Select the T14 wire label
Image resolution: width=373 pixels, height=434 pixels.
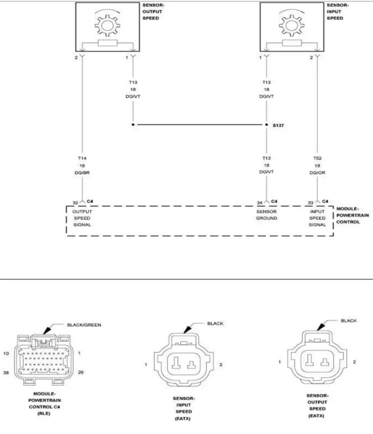coord(82,158)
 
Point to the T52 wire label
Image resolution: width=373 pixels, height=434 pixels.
coord(317,158)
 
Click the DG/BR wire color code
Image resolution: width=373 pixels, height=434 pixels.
coord(82,173)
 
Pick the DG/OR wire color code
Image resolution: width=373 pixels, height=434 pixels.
coord(317,173)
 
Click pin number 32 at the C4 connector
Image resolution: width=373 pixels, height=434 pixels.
coord(75,202)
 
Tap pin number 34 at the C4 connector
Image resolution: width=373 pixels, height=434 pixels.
coord(259,202)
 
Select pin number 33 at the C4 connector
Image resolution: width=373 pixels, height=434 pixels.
coord(310,202)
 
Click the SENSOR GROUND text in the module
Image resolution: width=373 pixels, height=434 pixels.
coord(267,215)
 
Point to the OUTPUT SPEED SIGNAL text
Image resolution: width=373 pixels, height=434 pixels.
coord(82,218)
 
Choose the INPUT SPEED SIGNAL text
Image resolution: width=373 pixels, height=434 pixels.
coord(317,218)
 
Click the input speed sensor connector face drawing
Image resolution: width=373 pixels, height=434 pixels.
coord(184,363)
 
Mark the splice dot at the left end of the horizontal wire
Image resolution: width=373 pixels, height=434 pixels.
coord(133,125)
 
